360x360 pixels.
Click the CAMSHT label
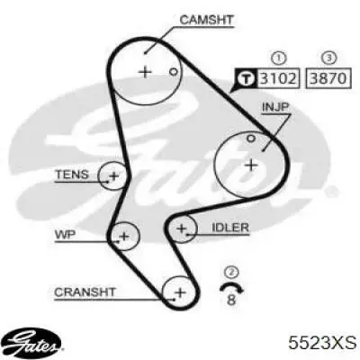pyautogui.click(x=206, y=20)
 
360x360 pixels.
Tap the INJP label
pyautogui.click(x=275, y=107)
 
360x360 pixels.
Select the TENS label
pyautogui.click(x=72, y=175)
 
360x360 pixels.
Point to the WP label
pyautogui.click(x=65, y=234)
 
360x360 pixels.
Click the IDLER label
pyautogui.click(x=230, y=228)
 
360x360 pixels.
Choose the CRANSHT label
pyautogui.click(x=85, y=292)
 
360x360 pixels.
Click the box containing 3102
pyautogui.click(x=278, y=78)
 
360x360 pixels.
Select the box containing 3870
pyautogui.click(x=328, y=78)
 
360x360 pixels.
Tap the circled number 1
pyautogui.click(x=279, y=58)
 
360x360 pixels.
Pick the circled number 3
pyautogui.click(x=328, y=58)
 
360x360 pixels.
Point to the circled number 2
pyautogui.click(x=231, y=273)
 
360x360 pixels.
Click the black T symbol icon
pyautogui.click(x=245, y=79)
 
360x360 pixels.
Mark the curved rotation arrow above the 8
pyautogui.click(x=231, y=287)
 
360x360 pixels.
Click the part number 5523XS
pyautogui.click(x=322, y=343)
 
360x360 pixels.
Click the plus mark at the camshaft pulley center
pyautogui.click(x=145, y=72)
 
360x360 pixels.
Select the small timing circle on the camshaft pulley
pyautogui.click(x=174, y=72)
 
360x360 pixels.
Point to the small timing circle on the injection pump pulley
pyautogui.click(x=251, y=139)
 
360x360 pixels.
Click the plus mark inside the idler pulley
pyautogui.click(x=182, y=229)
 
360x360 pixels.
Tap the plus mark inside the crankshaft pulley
pyautogui.click(x=180, y=292)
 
